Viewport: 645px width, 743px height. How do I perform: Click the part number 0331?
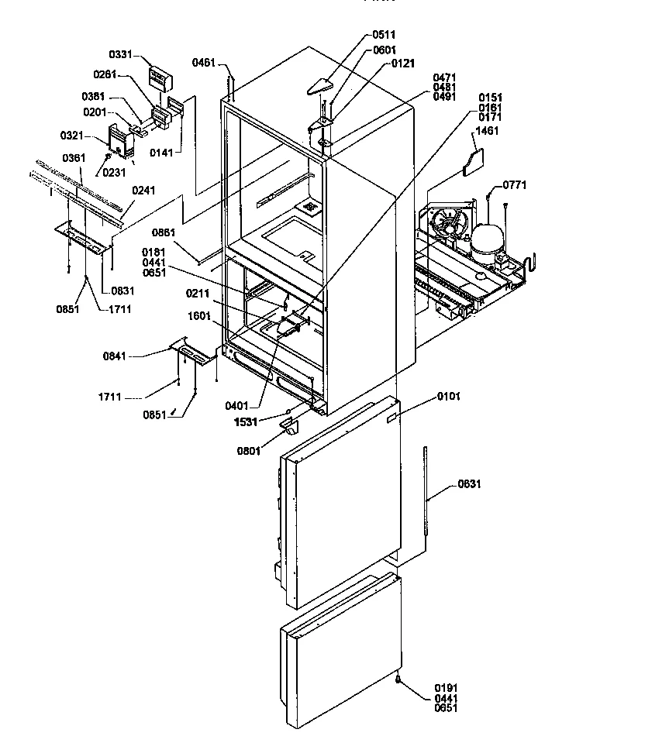[119, 55]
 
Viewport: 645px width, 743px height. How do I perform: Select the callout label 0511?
[383, 35]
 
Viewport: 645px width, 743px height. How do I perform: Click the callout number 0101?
[449, 397]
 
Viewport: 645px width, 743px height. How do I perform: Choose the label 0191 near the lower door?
[447, 686]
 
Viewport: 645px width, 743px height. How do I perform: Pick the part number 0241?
[143, 190]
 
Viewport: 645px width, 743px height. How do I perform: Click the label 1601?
[199, 316]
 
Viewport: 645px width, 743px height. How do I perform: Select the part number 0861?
[164, 232]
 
